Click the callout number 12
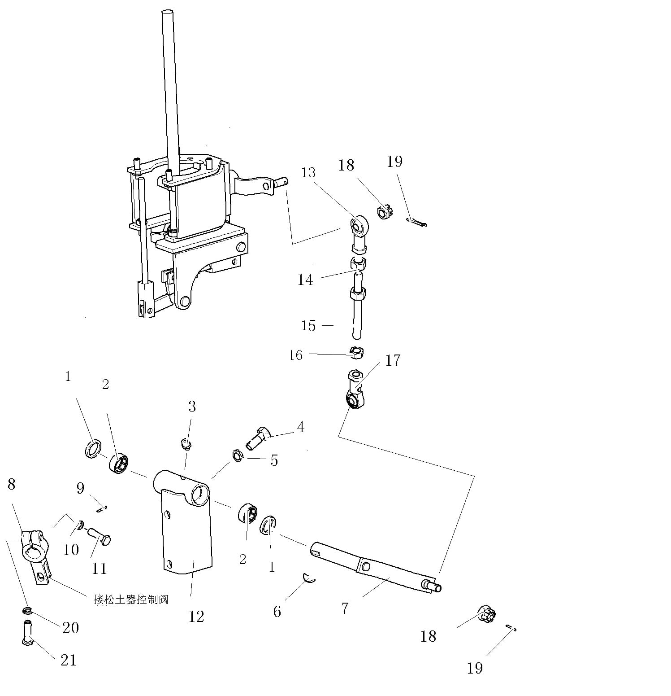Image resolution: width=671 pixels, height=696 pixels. (x=196, y=617)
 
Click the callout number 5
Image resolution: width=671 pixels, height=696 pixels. (x=274, y=460)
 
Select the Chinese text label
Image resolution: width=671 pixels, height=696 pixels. (x=131, y=600)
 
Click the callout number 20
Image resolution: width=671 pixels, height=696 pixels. (x=71, y=627)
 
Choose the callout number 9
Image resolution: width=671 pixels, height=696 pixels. (x=80, y=488)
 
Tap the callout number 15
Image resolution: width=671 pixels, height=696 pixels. (x=308, y=325)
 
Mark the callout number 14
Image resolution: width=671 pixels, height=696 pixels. (x=305, y=280)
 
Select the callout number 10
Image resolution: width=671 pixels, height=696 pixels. (x=71, y=550)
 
